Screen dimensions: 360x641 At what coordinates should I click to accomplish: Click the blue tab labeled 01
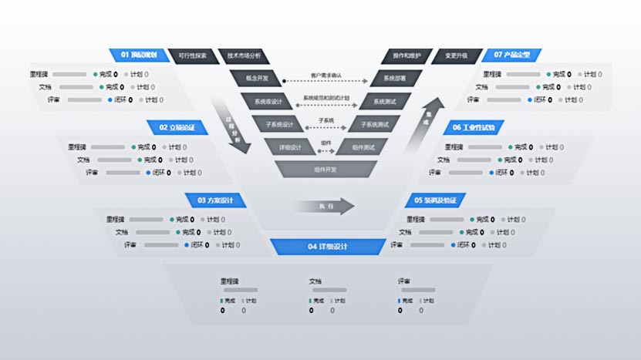click(138, 56)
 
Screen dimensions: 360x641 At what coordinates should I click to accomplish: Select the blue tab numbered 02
click(177, 127)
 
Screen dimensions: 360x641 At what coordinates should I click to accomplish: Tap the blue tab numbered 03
click(215, 200)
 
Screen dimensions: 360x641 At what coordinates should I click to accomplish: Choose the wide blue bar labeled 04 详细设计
click(327, 247)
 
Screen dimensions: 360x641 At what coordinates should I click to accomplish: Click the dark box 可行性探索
click(191, 56)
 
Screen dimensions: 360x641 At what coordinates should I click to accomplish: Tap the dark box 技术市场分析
click(244, 56)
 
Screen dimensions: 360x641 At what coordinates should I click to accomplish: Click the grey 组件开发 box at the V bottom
click(326, 169)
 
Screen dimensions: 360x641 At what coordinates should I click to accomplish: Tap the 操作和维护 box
click(407, 56)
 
